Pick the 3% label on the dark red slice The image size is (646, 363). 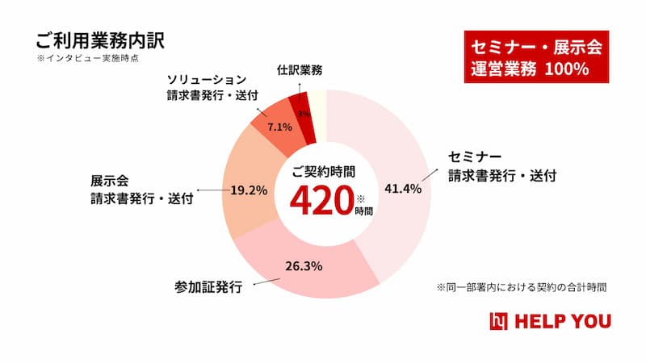(x=304, y=114)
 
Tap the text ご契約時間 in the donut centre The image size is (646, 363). (x=323, y=172)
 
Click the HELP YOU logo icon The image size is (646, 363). (x=498, y=321)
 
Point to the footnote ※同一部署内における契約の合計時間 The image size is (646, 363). (x=522, y=286)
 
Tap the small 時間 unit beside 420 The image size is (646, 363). (x=364, y=211)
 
